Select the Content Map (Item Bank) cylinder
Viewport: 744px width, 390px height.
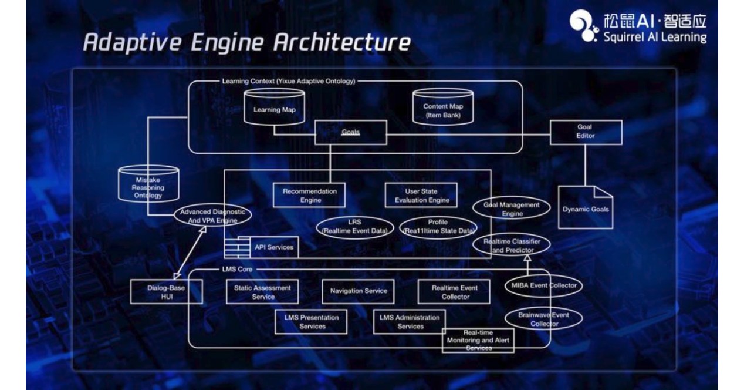443,109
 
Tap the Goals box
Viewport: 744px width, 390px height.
351,132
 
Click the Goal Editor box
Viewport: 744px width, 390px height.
584,132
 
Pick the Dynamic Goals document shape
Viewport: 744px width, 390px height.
586,208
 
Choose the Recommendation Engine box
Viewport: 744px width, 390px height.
309,195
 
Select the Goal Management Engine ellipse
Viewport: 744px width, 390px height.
511,209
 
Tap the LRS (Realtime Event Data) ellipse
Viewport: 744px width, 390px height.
354,226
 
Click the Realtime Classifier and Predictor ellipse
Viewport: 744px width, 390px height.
511,246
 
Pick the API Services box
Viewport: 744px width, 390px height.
273,247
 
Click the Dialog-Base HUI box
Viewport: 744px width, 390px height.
166,292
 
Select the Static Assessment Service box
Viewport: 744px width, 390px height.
262,292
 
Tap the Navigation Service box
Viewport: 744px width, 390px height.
358,291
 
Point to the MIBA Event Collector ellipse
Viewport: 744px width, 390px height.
543,285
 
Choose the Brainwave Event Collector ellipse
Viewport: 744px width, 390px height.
543,319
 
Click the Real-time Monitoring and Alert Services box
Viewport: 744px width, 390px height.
478,340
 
